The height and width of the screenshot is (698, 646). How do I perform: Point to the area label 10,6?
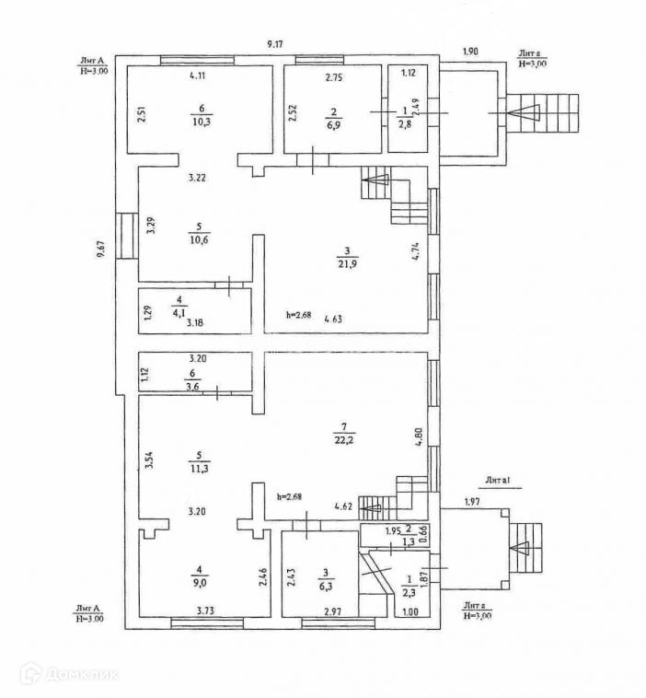click(x=198, y=241)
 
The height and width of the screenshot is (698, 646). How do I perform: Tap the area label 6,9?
click(x=332, y=123)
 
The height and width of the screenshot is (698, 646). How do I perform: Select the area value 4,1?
click(x=179, y=311)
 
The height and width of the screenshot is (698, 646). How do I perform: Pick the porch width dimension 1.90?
click(x=470, y=52)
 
